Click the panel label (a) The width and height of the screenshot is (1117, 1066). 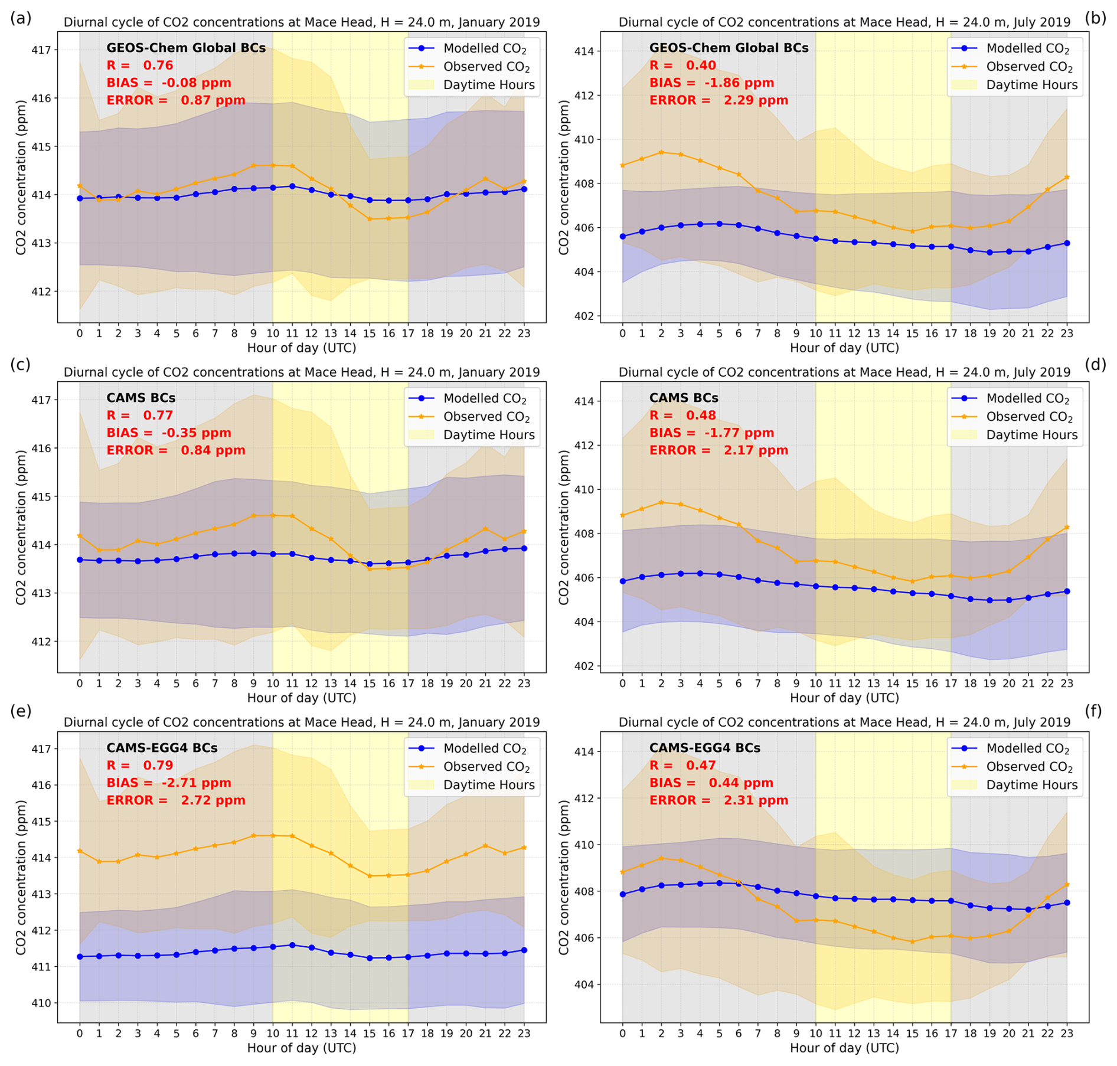[21, 18]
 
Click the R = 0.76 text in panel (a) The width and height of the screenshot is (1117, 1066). [140, 66]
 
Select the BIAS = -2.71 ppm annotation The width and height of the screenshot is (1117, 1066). [169, 783]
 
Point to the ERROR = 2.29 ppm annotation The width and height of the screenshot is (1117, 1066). [718, 100]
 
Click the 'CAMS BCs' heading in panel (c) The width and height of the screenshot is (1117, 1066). [141, 398]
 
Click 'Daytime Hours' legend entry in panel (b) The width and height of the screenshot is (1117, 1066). [1031, 85]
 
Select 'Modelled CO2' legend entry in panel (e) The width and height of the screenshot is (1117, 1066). [485, 748]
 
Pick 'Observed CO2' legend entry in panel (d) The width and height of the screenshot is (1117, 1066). [1030, 417]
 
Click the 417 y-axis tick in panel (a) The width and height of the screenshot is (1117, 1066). [41, 50]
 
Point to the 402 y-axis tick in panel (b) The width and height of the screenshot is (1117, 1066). [584, 316]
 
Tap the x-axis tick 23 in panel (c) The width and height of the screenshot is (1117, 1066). [524, 684]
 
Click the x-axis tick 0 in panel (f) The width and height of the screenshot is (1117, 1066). [622, 1034]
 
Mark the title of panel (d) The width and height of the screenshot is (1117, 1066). [844, 372]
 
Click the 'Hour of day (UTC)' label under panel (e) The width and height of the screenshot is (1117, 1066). [302, 1048]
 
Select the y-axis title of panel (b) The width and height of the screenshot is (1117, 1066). [564, 177]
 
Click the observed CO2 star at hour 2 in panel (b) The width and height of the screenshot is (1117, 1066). [661, 152]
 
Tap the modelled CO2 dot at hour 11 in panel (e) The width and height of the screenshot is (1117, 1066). [292, 945]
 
